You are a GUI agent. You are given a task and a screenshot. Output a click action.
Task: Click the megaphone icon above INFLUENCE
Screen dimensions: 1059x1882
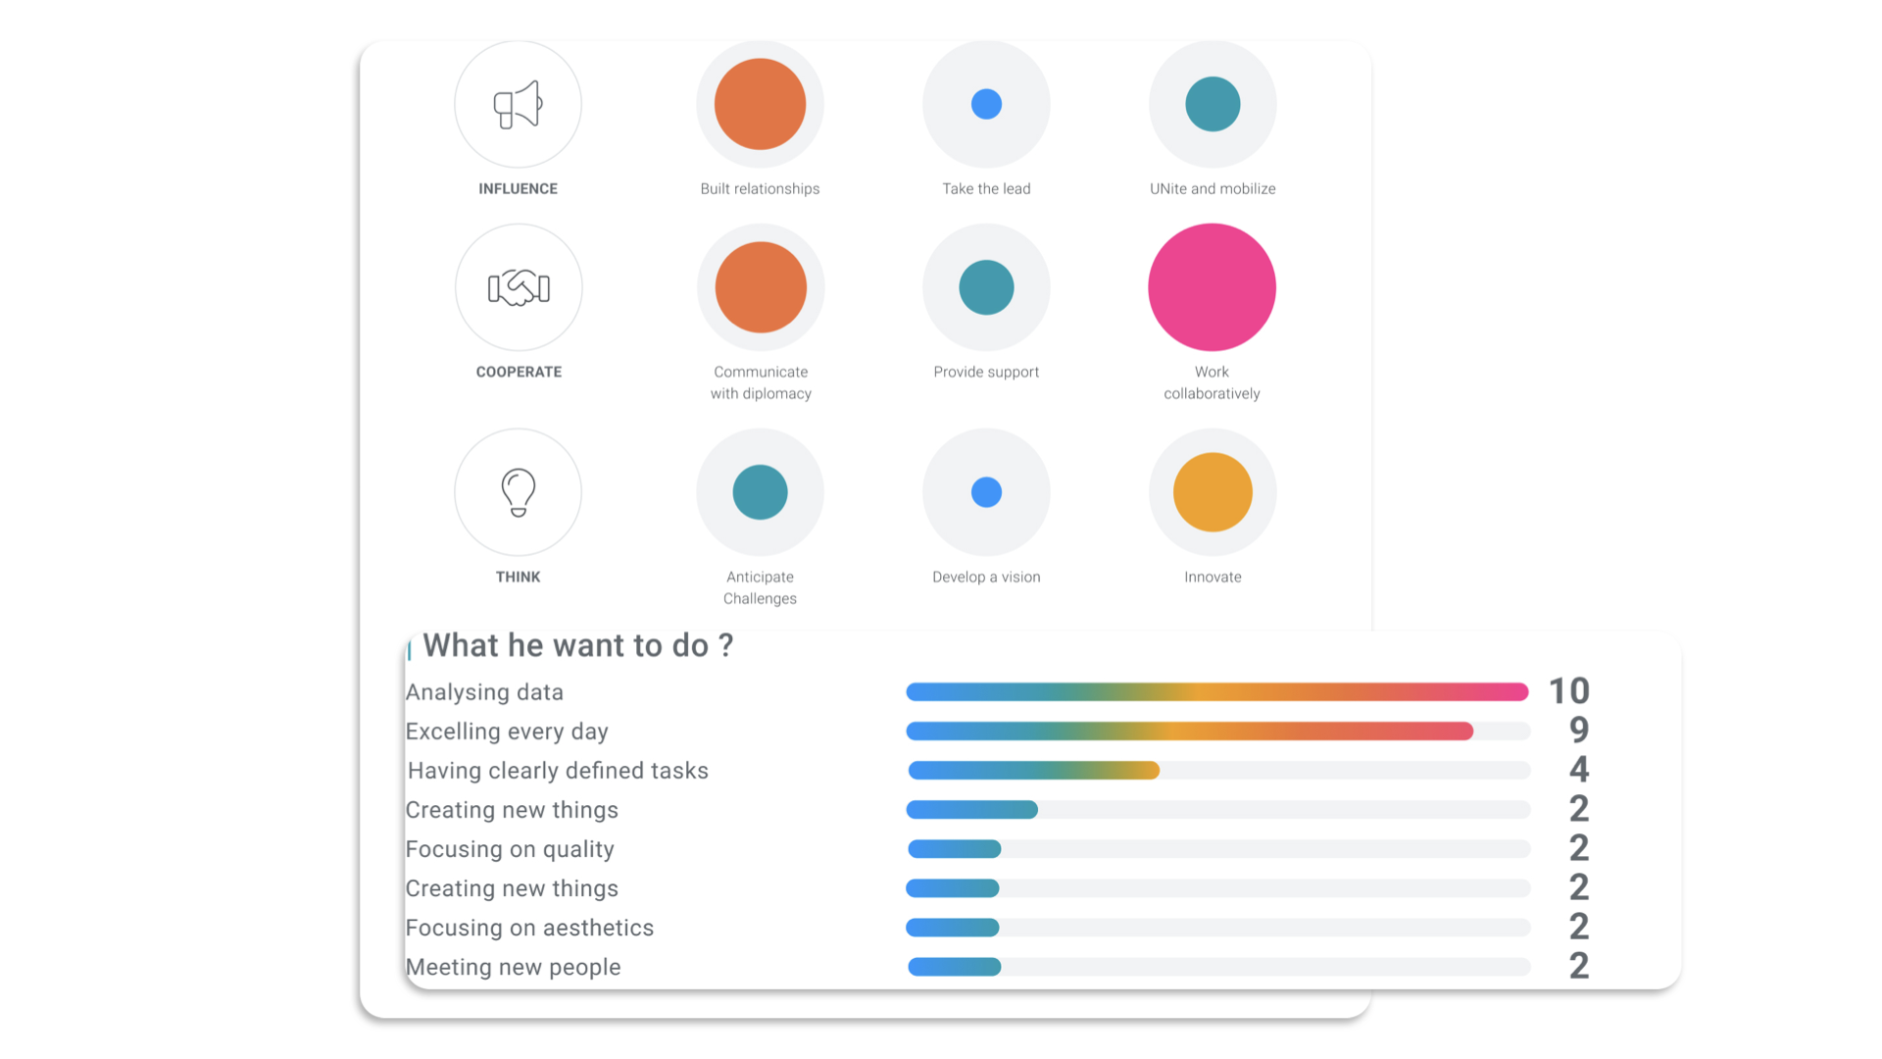(x=518, y=104)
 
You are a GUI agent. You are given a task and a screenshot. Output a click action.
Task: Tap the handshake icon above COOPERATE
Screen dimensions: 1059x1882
(x=519, y=287)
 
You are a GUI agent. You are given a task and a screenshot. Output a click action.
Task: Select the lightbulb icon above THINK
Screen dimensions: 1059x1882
(x=518, y=491)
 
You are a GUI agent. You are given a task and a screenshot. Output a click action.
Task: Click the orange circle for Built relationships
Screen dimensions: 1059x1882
(x=760, y=104)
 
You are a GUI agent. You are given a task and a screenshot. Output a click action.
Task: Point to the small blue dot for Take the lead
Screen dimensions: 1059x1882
(x=986, y=104)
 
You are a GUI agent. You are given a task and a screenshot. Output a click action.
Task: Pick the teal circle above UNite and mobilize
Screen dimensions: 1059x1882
(x=1213, y=104)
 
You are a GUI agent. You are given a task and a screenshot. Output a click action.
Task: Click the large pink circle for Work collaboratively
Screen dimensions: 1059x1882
(x=1212, y=287)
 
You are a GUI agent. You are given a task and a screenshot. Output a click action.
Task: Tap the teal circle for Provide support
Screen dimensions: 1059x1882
(x=986, y=287)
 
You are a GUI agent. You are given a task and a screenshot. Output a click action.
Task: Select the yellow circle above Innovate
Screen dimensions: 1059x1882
(x=1213, y=491)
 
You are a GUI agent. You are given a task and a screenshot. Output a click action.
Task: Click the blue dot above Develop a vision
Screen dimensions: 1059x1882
(x=986, y=491)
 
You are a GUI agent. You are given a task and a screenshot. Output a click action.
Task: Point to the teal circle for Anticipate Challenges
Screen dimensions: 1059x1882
(x=760, y=491)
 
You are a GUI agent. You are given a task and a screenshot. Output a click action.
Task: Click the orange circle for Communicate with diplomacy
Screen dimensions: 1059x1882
(x=761, y=287)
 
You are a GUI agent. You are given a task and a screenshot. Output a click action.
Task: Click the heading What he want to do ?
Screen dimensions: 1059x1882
(x=577, y=645)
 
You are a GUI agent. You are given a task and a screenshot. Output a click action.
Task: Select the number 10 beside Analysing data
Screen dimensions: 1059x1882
(x=1568, y=691)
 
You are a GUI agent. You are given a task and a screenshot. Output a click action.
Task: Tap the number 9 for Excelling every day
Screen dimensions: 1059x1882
(x=1578, y=731)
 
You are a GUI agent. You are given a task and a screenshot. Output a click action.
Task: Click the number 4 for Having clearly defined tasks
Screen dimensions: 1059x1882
(x=1578, y=770)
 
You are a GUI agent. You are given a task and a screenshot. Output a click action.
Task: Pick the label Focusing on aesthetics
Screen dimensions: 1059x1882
(x=529, y=928)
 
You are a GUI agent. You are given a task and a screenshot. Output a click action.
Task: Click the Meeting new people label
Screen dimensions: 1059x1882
(x=513, y=967)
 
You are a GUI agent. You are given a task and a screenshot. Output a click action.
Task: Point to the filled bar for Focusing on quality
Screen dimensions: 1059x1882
(x=954, y=849)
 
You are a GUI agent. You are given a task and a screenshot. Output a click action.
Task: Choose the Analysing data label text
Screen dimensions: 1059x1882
(x=484, y=692)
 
